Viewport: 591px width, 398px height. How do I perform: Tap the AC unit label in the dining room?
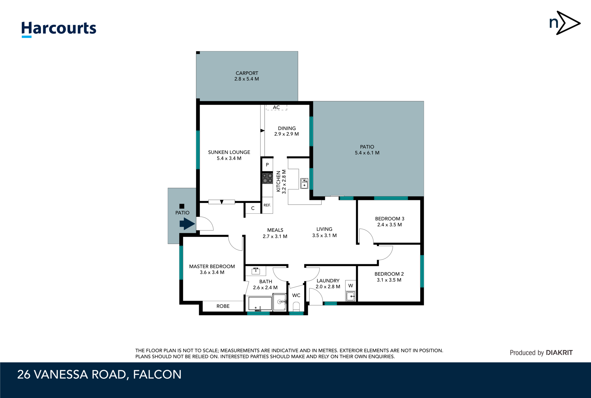tap(276, 107)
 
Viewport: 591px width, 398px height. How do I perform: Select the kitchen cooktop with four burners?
tap(267, 178)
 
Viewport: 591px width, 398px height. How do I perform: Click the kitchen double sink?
tap(304, 183)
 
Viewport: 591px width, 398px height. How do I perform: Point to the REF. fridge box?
tap(267, 205)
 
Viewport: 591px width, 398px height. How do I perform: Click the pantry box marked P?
tap(267, 165)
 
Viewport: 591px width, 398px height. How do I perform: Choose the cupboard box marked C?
tap(253, 208)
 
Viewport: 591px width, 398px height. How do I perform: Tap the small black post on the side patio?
tap(182, 206)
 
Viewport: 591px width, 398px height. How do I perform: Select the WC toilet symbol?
tap(296, 306)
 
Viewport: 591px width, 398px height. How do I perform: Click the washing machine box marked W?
tap(351, 286)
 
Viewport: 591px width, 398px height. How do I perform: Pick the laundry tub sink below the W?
tap(351, 296)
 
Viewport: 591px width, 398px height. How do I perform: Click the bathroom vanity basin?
tap(256, 271)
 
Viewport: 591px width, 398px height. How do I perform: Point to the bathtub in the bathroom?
tap(260, 304)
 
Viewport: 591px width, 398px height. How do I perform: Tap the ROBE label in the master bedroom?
tap(223, 306)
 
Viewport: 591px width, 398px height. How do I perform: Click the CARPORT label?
tap(247, 73)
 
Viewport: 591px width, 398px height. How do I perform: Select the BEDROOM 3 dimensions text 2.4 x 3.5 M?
tap(389, 225)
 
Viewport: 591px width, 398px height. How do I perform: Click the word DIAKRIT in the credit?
tap(559, 352)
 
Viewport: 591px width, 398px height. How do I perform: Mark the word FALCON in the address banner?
tap(157, 374)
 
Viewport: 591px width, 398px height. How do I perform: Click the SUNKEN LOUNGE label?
tap(229, 152)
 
